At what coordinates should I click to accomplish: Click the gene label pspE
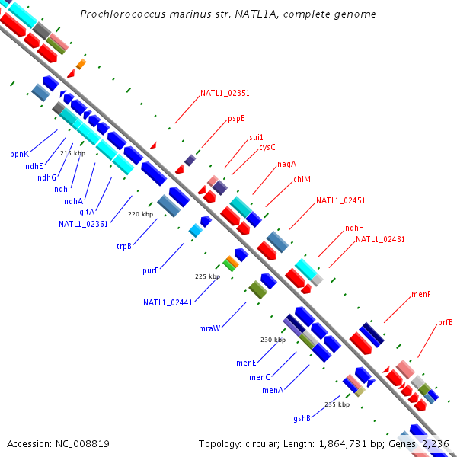pos(236,119)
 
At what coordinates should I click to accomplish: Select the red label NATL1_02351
pos(225,94)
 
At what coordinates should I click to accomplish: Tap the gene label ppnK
pos(19,154)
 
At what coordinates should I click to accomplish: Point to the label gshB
pos(302,418)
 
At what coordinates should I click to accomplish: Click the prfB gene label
pos(446,323)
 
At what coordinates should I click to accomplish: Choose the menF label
pos(421,294)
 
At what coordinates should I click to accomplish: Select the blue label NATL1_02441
pos(168,302)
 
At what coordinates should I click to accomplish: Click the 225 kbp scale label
pos(207,276)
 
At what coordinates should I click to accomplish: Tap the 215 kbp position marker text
pos(72,153)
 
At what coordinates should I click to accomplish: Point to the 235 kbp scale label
pos(337,404)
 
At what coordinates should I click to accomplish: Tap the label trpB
pos(124,246)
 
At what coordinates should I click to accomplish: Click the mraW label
pos(209,328)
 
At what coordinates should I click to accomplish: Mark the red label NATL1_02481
pos(380,239)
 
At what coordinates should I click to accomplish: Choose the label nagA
pos(286,164)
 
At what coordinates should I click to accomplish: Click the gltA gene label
pos(87,213)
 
